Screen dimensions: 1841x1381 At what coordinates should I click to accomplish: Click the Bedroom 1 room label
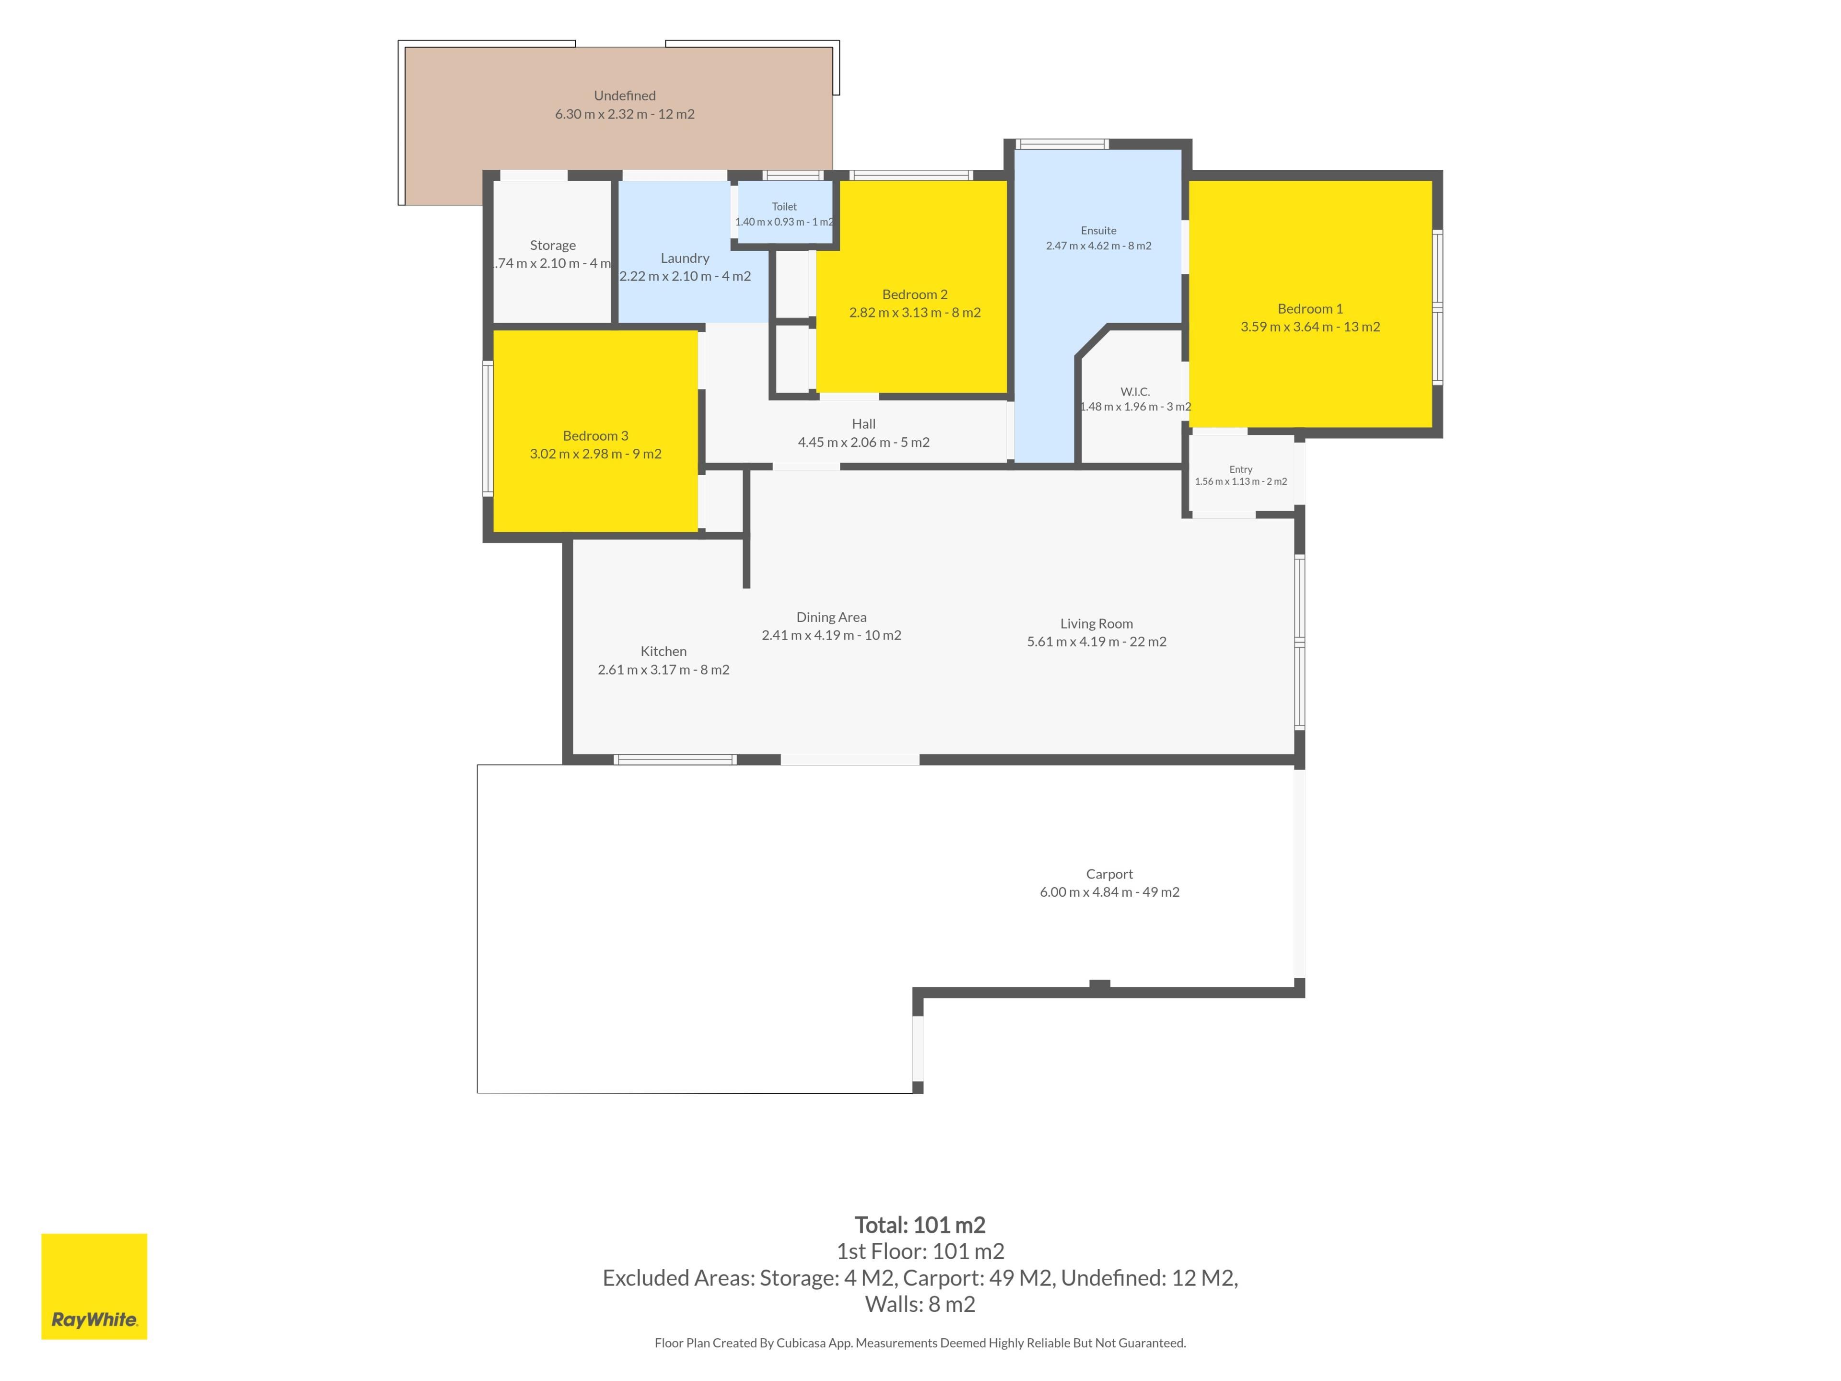click(x=1310, y=309)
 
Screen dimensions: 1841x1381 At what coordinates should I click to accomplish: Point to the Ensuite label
click(x=1099, y=231)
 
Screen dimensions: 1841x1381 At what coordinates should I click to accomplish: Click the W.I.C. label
click(x=1135, y=391)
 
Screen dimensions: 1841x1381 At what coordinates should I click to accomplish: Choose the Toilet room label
click(x=784, y=207)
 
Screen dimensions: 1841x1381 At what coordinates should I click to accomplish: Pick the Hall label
click(x=864, y=424)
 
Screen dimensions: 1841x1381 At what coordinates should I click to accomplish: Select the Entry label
click(x=1241, y=469)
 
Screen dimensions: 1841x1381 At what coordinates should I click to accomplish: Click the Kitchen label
click(x=664, y=651)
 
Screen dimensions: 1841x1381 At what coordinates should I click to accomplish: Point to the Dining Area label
click(x=831, y=617)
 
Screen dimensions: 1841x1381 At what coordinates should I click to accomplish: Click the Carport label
click(x=1109, y=874)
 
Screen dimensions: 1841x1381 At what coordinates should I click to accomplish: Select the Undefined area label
click(x=625, y=96)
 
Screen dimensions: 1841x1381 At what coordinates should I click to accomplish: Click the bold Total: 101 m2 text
click(x=920, y=1225)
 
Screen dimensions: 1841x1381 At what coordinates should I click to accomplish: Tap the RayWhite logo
click(x=94, y=1286)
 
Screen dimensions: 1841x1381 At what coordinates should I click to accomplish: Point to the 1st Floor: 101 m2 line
click(x=920, y=1251)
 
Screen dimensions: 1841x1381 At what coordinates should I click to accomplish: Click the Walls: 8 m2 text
click(x=920, y=1304)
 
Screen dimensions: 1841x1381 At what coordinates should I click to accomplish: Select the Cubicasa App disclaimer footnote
click(x=920, y=1343)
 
